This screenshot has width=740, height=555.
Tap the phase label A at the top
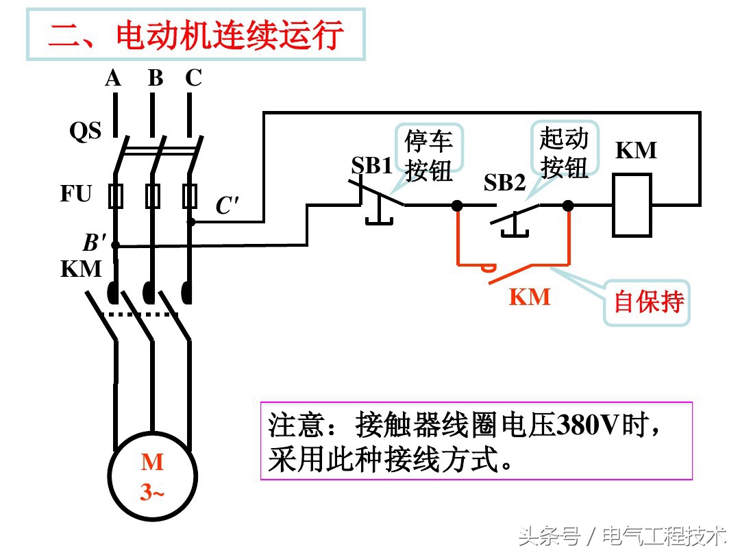coord(113,79)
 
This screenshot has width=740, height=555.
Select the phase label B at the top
coord(156,79)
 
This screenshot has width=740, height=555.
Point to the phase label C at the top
coord(193,79)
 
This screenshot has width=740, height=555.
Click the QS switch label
coord(85,131)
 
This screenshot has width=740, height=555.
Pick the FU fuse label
coord(75,194)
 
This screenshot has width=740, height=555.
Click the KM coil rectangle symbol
coord(631,205)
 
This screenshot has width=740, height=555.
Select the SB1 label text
coord(371,166)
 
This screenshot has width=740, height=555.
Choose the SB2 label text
coord(504,183)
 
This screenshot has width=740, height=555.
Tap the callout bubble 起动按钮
coord(564,153)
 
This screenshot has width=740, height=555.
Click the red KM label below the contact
coord(529,297)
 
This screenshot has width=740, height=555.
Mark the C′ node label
coord(227,206)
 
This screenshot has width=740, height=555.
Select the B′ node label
coord(95,243)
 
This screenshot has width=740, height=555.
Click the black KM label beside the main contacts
coord(81,269)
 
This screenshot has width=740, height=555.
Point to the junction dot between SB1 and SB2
coord(458,205)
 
